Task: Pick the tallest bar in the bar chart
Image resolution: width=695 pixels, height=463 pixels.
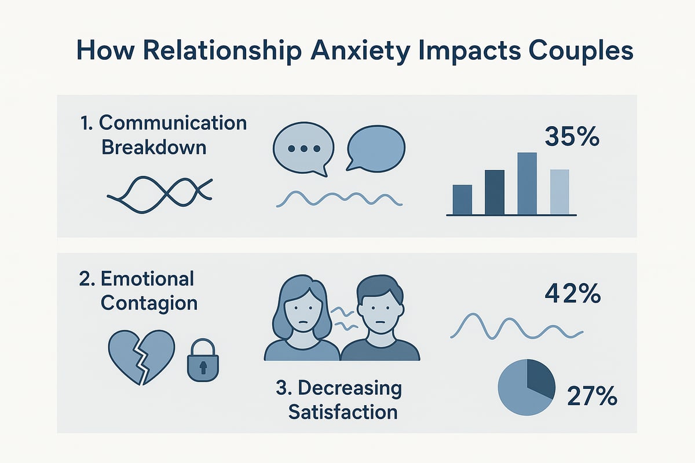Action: [x=526, y=183]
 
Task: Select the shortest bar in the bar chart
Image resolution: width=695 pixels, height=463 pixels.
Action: [x=462, y=199]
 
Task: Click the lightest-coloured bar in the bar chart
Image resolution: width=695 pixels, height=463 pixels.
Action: [x=559, y=192]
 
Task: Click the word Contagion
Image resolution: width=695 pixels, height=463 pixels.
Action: [x=148, y=303]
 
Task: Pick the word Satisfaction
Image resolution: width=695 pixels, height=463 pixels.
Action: [x=342, y=412]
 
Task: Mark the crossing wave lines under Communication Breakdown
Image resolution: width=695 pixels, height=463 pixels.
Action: [x=160, y=191]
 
